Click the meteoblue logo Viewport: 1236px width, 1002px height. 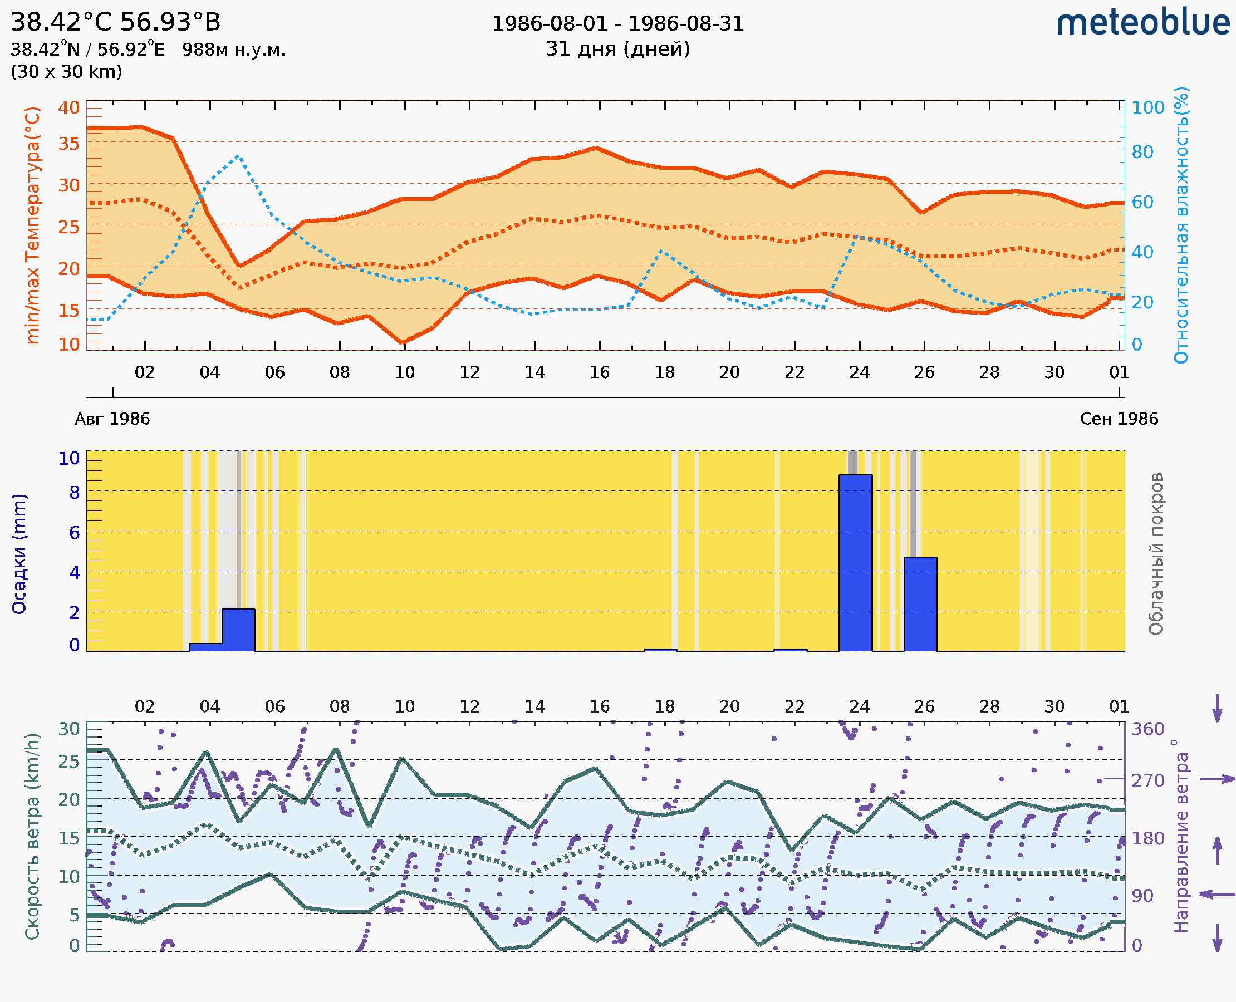(x=1142, y=23)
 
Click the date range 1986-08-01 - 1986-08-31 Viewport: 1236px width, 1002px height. (x=617, y=24)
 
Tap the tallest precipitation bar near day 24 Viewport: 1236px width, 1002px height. (x=855, y=563)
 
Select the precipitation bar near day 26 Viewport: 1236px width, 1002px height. (x=920, y=604)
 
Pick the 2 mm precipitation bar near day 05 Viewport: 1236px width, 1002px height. (x=238, y=630)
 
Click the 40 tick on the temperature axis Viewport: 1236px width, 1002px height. (x=68, y=108)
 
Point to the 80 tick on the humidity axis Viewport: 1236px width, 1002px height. (x=1142, y=153)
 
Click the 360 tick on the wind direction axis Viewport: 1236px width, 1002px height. (x=1147, y=729)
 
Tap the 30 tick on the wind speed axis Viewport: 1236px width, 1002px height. (x=68, y=729)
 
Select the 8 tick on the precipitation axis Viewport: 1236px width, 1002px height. (x=75, y=493)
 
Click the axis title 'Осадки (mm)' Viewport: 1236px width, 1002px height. (x=19, y=554)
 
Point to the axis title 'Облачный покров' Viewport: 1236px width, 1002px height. (x=1156, y=554)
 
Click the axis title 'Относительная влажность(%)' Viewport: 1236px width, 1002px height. (x=1181, y=225)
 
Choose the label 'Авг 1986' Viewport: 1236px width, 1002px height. (x=112, y=419)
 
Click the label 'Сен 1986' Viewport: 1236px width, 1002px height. (x=1119, y=419)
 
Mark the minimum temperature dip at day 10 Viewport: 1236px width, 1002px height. (x=403, y=343)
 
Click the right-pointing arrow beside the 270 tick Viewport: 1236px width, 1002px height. (x=1217, y=779)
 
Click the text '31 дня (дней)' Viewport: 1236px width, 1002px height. (x=617, y=49)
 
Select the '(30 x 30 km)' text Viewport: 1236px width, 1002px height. (x=66, y=72)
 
